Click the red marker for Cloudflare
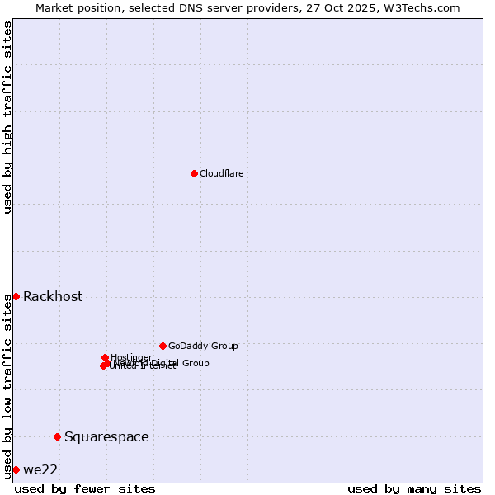tap(194, 173)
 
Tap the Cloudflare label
tap(221, 174)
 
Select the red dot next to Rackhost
tap(16, 296)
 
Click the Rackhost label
tap(53, 297)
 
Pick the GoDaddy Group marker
tap(163, 346)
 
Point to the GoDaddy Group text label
tap(203, 346)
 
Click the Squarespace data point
tap(57, 436)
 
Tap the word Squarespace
tap(106, 437)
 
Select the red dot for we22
tap(16, 469)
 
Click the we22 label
tap(40, 470)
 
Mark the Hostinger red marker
tap(105, 357)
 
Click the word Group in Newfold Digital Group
tap(196, 363)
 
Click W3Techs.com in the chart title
tap(424, 7)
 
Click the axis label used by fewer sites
tap(85, 488)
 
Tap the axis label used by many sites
tap(414, 488)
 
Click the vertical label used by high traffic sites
tap(7, 117)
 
